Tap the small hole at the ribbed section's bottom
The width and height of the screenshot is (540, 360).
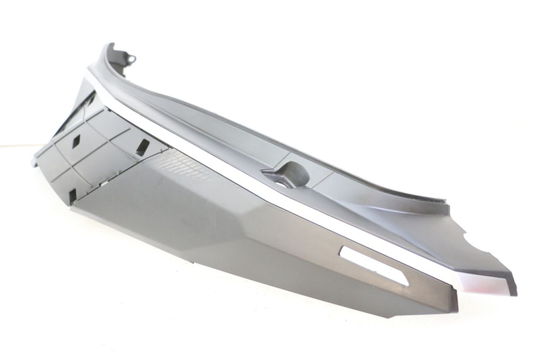(73, 195)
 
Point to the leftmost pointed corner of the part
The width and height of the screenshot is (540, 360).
(33, 162)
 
